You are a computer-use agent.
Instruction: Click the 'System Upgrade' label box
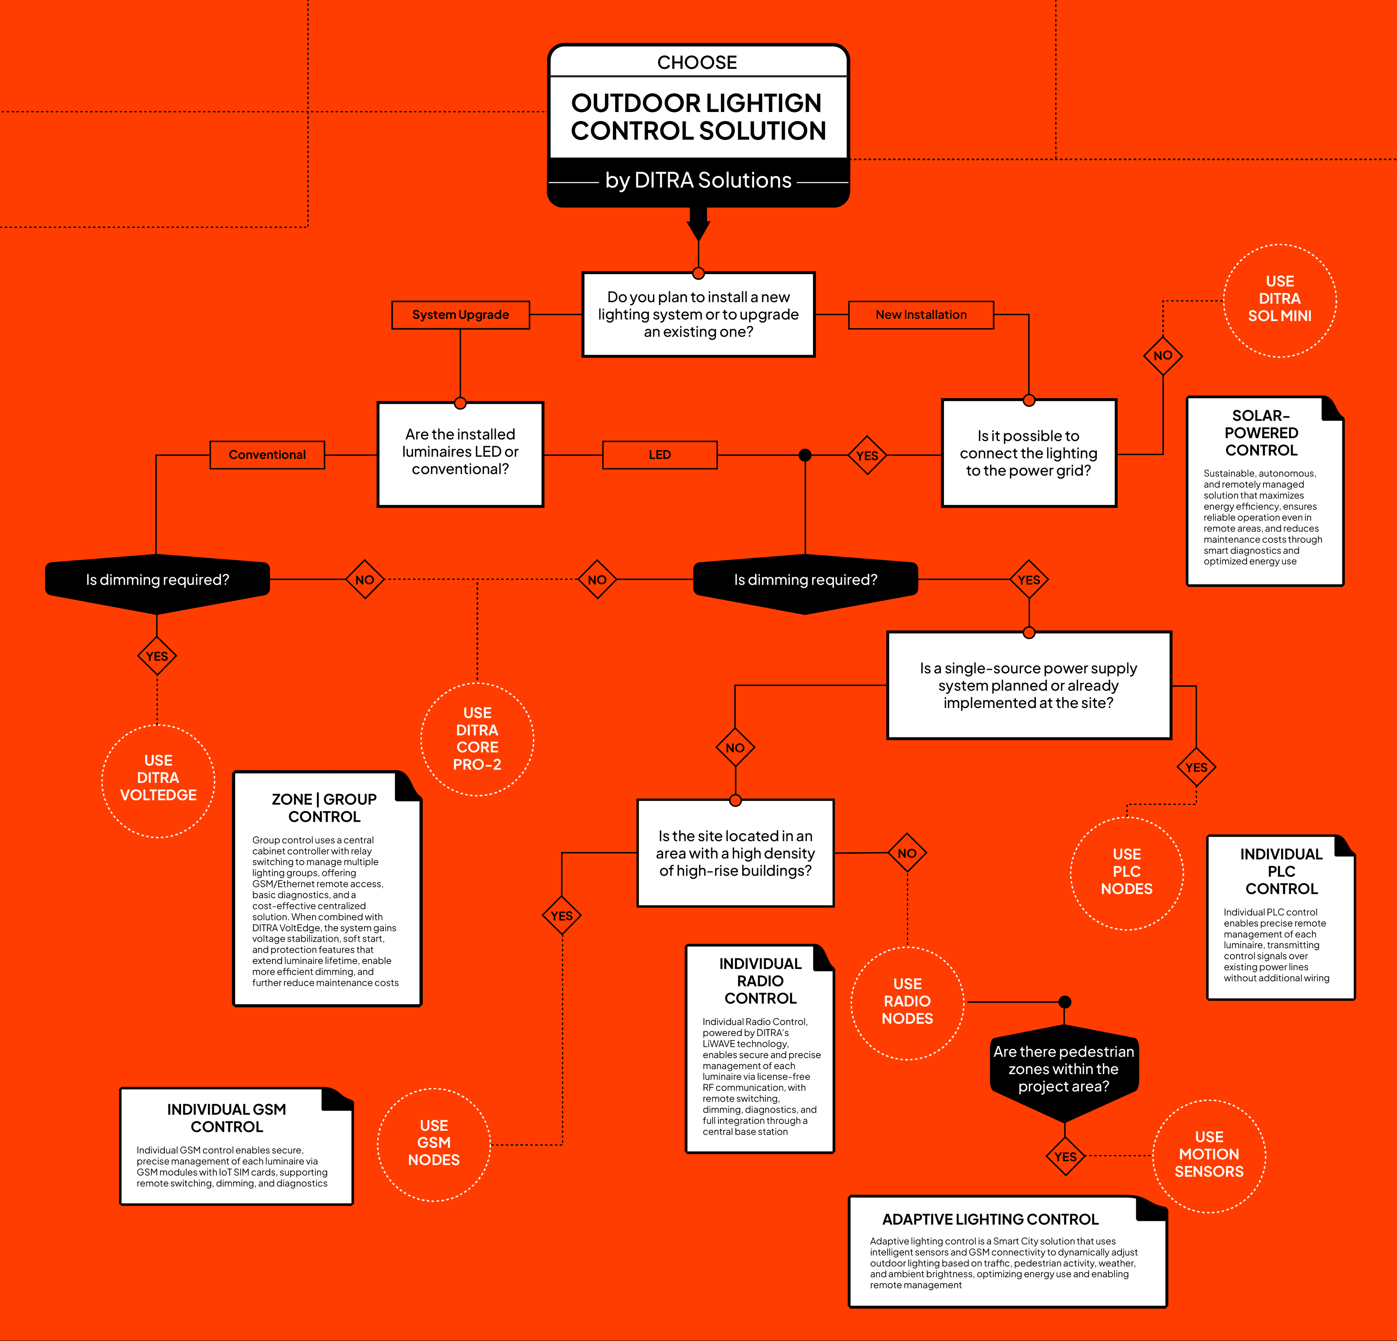(x=461, y=315)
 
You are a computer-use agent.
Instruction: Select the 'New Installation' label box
(x=921, y=315)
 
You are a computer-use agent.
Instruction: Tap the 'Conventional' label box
(x=267, y=455)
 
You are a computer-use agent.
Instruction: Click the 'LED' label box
(x=659, y=455)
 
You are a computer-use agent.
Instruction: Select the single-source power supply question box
(x=1028, y=685)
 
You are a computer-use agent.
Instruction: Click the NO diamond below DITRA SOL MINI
(x=1162, y=356)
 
